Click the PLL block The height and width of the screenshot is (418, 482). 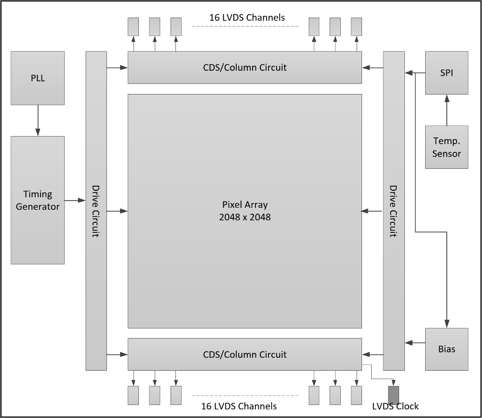click(x=38, y=78)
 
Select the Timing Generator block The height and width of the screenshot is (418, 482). click(x=38, y=200)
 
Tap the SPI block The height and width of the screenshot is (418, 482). click(x=446, y=73)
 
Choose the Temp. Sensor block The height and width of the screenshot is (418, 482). click(x=446, y=147)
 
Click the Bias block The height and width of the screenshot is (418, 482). click(x=446, y=349)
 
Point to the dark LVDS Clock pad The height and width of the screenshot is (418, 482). click(x=394, y=395)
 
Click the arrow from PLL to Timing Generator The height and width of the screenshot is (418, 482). click(x=38, y=121)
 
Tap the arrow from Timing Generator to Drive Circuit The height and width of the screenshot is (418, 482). click(x=75, y=200)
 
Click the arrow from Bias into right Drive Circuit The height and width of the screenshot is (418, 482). click(x=415, y=343)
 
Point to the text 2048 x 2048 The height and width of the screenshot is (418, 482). click(x=245, y=217)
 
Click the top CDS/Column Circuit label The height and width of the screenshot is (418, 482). click(x=245, y=67)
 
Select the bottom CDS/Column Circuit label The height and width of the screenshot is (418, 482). click(x=245, y=354)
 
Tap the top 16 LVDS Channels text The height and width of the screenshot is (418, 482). click(x=247, y=18)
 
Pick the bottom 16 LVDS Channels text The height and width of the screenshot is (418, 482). click(x=239, y=406)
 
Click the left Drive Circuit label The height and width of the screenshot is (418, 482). click(x=96, y=211)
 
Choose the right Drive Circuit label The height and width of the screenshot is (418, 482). click(x=393, y=211)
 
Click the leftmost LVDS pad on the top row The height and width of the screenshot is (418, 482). click(x=133, y=27)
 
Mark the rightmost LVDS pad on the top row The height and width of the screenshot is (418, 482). click(x=356, y=27)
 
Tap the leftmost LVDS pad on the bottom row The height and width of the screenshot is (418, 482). click(x=133, y=395)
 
